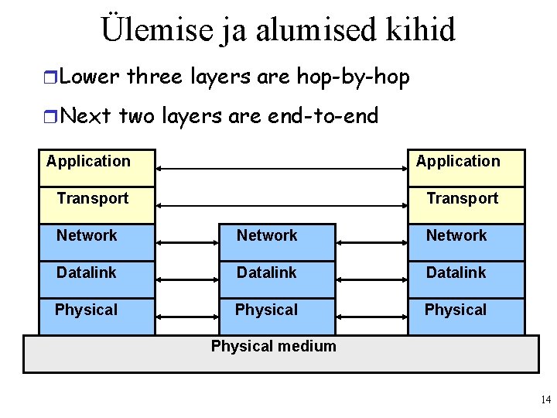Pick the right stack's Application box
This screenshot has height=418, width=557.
(466, 167)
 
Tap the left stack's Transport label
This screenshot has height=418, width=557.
(93, 198)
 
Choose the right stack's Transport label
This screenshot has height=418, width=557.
(463, 198)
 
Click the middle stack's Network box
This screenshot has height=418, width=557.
(275, 242)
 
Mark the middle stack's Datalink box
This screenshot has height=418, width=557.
(275, 279)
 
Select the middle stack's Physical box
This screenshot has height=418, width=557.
(275, 316)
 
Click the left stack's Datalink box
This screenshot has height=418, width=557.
(96, 279)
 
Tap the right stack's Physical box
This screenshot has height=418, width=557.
(466, 316)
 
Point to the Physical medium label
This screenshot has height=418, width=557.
(274, 346)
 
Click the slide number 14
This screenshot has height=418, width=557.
(545, 400)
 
